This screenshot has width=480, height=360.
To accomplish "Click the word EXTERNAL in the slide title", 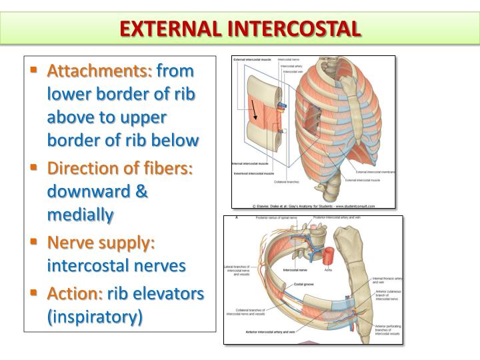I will [175, 29].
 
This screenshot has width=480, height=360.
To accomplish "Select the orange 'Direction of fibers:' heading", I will [120, 167].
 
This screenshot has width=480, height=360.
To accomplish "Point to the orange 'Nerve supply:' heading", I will [101, 241].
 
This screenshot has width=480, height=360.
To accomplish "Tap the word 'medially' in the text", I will [80, 215].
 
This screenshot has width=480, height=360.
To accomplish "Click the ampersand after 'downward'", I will [141, 191].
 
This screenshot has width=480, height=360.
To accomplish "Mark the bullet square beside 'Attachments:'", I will [34, 69].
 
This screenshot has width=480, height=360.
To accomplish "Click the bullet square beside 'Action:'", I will [34, 292].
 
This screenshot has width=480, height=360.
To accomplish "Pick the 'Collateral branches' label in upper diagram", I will [287, 181].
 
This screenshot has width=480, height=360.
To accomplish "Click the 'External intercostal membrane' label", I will [375, 172].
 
